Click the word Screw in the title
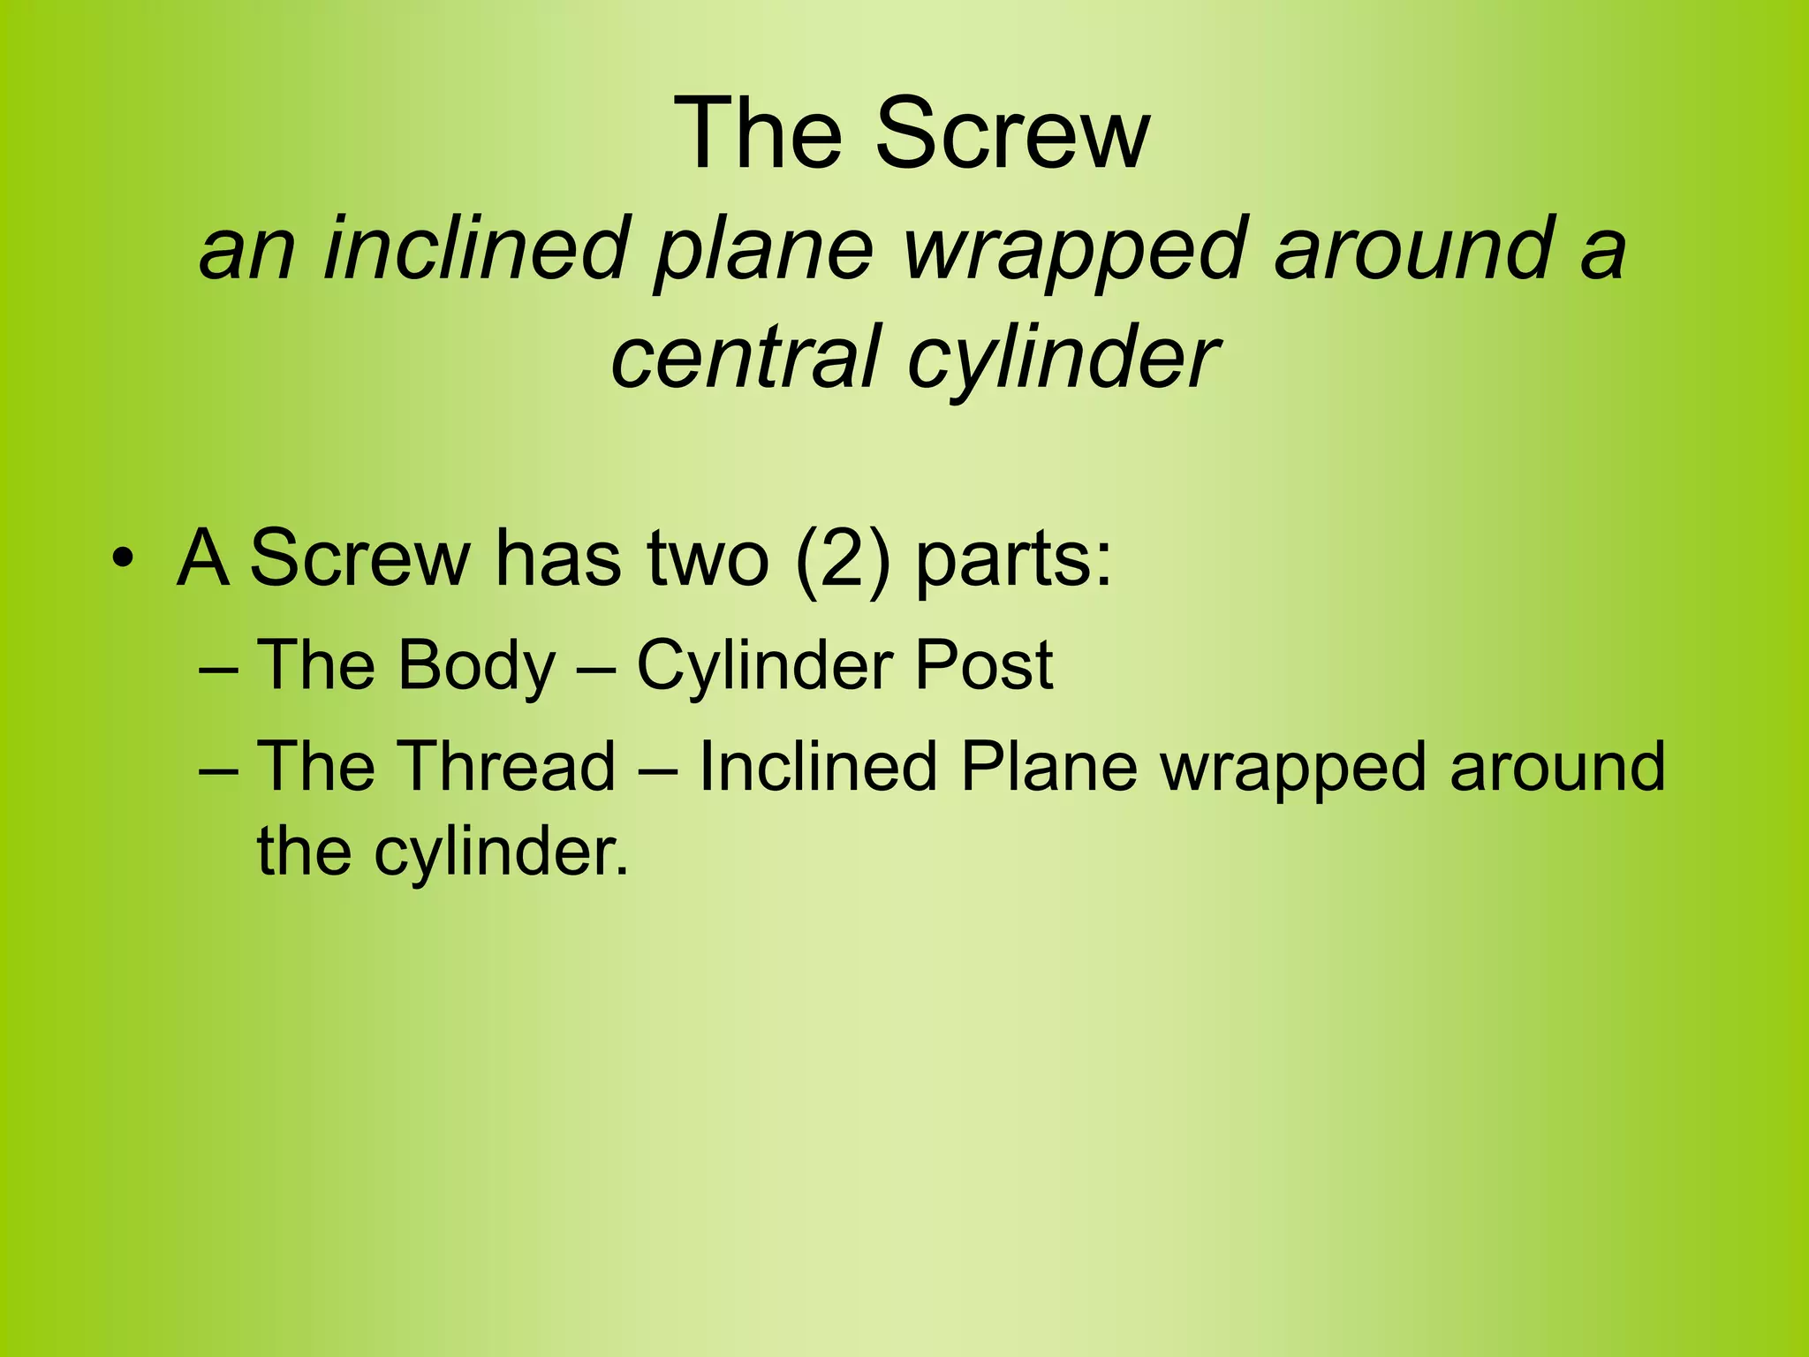coord(1012,134)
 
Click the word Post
coord(983,664)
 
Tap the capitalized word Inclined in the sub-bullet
coord(817,765)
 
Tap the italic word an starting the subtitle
coord(247,250)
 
